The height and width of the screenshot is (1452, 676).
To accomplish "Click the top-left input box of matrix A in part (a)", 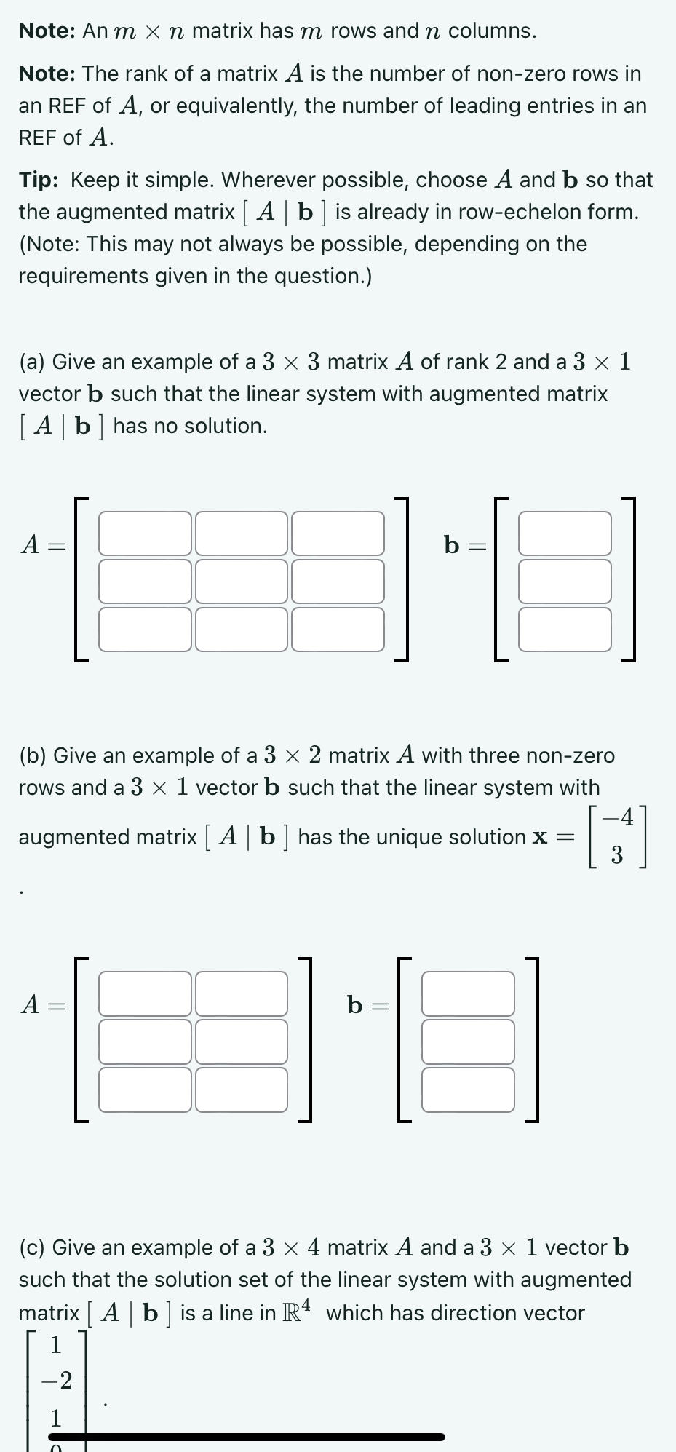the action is [x=145, y=533].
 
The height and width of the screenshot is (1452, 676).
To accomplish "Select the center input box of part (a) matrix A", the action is [x=242, y=581].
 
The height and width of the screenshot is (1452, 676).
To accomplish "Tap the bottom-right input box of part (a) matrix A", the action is [x=338, y=630].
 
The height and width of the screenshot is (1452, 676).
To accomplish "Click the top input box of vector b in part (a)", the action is [x=565, y=533].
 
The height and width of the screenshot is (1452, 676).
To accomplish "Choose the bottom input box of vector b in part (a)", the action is [x=565, y=630].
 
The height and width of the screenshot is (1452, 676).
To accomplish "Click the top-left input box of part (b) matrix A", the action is [x=145, y=993].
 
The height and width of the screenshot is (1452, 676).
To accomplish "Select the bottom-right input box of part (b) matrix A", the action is [x=242, y=1090].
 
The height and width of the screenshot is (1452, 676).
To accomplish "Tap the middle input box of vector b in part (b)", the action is [x=468, y=1042].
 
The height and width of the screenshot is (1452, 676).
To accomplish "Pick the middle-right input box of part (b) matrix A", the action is [x=242, y=1042].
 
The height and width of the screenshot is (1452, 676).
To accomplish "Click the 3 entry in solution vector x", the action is [x=617, y=855].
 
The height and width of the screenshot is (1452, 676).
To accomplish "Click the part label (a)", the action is [x=33, y=362].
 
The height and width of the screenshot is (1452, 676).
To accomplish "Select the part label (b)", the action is [x=33, y=755].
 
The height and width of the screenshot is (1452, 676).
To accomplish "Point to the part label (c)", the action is [x=33, y=1247].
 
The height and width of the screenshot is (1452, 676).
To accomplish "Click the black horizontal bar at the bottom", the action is [x=246, y=1437].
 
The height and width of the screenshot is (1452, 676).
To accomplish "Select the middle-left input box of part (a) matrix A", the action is [x=145, y=581].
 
